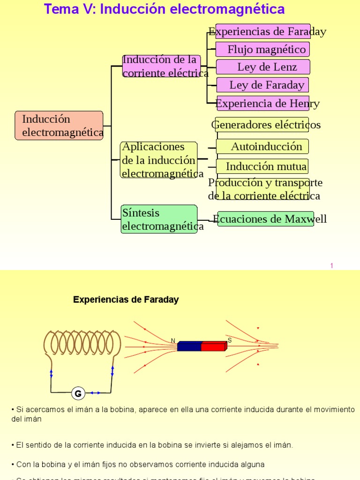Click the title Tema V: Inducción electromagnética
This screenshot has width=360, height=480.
[x=164, y=9]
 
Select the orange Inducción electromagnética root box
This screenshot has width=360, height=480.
[x=59, y=126]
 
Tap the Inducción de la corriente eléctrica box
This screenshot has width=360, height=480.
[x=161, y=67]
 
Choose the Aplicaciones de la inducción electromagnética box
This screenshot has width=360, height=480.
[x=159, y=160]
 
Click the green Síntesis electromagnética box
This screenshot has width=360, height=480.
[x=159, y=219]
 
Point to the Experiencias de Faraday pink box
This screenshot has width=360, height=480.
[x=262, y=32]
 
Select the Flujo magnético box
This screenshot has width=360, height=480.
[x=262, y=49]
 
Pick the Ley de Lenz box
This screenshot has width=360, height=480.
[x=263, y=67]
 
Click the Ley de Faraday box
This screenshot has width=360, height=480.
[x=262, y=85]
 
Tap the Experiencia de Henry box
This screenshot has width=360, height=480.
[x=263, y=103]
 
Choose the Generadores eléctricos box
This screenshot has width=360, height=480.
[x=262, y=125]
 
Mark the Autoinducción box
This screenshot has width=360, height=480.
[x=262, y=146]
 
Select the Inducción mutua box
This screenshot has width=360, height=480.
[x=262, y=166]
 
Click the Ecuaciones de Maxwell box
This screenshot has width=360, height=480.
[x=266, y=219]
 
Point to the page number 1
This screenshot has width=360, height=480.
[x=331, y=266]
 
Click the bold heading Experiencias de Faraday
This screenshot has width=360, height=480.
[x=126, y=300]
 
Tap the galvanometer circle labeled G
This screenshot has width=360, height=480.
[x=78, y=393]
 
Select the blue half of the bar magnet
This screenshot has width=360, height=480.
[x=189, y=346]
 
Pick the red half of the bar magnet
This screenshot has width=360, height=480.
[x=213, y=346]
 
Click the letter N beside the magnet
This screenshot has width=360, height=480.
[x=173, y=341]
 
